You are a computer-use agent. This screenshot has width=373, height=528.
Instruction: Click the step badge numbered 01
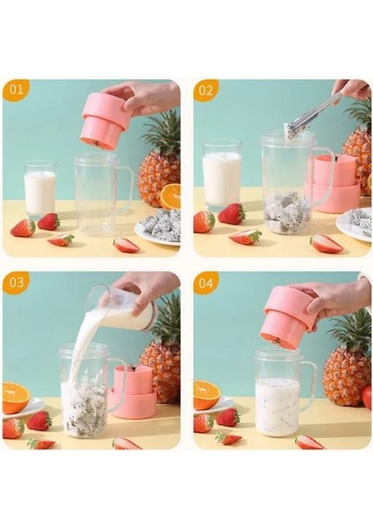point(16,90)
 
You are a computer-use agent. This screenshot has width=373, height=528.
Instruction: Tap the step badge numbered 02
point(206,91)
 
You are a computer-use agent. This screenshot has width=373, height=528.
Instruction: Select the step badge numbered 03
point(16,282)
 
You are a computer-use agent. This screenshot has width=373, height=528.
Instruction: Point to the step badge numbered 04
point(206,282)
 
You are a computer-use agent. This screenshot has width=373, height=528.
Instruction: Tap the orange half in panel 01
point(170,197)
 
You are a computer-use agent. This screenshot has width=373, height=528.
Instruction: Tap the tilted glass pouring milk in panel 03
point(121,307)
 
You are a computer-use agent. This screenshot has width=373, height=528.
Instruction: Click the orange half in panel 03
point(16,398)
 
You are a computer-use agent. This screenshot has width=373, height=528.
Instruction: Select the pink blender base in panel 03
point(134,392)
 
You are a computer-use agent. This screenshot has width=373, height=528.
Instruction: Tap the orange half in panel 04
point(207,395)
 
